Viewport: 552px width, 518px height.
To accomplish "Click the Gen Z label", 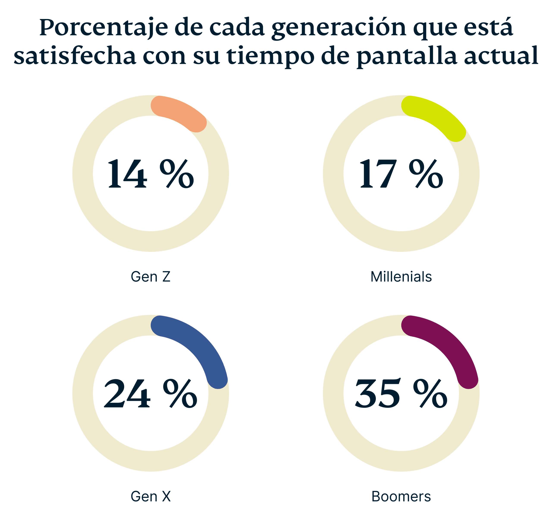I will click(151, 277).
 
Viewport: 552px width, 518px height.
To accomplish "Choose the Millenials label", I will click(401, 277).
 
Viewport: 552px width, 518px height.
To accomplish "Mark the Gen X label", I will click(151, 496).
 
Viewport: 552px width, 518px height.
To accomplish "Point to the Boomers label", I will click(401, 496).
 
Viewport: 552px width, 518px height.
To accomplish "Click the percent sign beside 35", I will click(430, 394).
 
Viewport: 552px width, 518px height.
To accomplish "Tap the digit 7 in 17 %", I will click(386, 174).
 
